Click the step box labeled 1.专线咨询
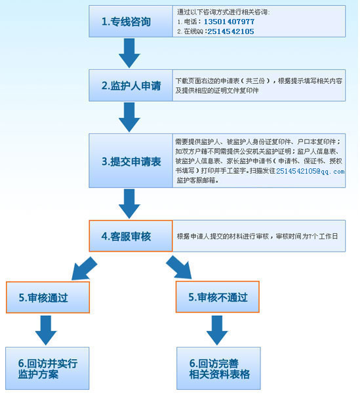click(x=130, y=22)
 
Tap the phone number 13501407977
click(x=230, y=22)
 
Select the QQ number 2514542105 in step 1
click(x=231, y=31)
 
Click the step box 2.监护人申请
click(x=130, y=85)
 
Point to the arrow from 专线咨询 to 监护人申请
click(x=129, y=53)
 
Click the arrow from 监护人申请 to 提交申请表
click(x=129, y=117)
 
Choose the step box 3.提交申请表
click(x=130, y=161)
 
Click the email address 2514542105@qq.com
click(x=310, y=171)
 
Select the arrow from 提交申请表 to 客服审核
click(x=129, y=204)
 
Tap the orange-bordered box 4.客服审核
click(x=130, y=236)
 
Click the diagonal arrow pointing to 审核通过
click(x=85, y=269)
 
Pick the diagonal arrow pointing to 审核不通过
click(x=179, y=267)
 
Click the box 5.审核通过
click(x=48, y=297)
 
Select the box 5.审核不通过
click(x=218, y=297)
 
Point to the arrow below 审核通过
click(x=46, y=330)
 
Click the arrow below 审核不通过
click(x=217, y=330)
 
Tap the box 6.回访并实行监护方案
click(x=47, y=368)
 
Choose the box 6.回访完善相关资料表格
click(x=218, y=368)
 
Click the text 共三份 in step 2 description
click(x=255, y=81)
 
